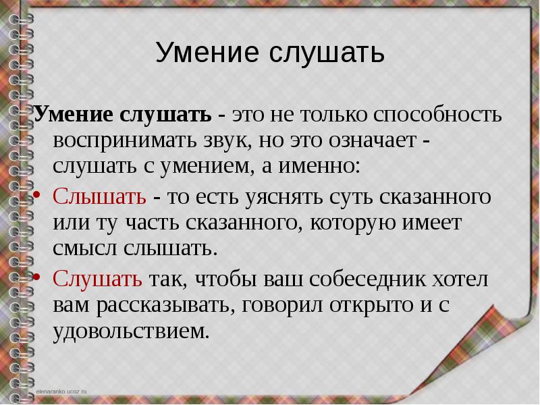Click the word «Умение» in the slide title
pyautogui.click(x=207, y=53)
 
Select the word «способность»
pyautogui.click(x=437, y=115)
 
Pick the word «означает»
pyautogui.click(x=373, y=141)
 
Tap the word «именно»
pyautogui.click(x=319, y=166)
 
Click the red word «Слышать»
pyautogui.click(x=99, y=196)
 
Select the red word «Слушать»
pyautogui.click(x=97, y=279)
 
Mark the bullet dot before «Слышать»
pyautogui.click(x=37, y=195)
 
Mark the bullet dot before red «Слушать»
pyautogui.click(x=37, y=277)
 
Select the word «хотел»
pyautogui.click(x=460, y=279)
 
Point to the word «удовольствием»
pyautogui.click(x=131, y=331)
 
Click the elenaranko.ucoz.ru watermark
pyautogui.click(x=61, y=391)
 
